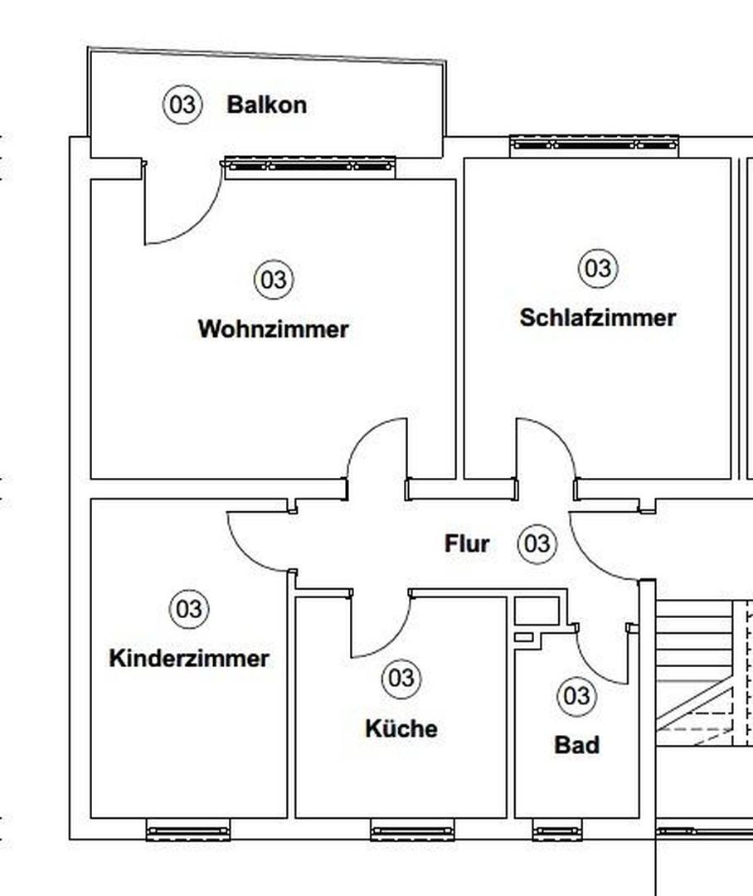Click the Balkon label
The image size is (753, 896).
coord(266,105)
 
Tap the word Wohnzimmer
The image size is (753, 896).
coord(273,329)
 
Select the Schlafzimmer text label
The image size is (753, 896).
coord(597,318)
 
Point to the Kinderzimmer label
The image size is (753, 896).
coord(189,659)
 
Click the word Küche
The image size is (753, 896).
coord(401,728)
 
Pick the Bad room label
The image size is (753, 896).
coord(576,745)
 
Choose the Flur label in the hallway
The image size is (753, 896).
coord(467,544)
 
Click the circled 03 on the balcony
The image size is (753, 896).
coord(182,105)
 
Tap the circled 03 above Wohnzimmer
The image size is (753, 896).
coord(273,280)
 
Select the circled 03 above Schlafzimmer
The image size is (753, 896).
coord(597,269)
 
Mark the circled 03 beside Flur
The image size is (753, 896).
coord(537,544)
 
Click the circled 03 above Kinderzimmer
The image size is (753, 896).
coord(189,610)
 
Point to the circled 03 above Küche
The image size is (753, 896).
coord(401,679)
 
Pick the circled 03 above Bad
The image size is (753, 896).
coord(576,695)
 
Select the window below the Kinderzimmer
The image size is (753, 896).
coord(188,829)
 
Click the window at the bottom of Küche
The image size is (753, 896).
coord(412,829)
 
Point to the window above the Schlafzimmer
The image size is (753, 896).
coord(594,145)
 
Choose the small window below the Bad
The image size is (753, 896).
coord(557,829)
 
